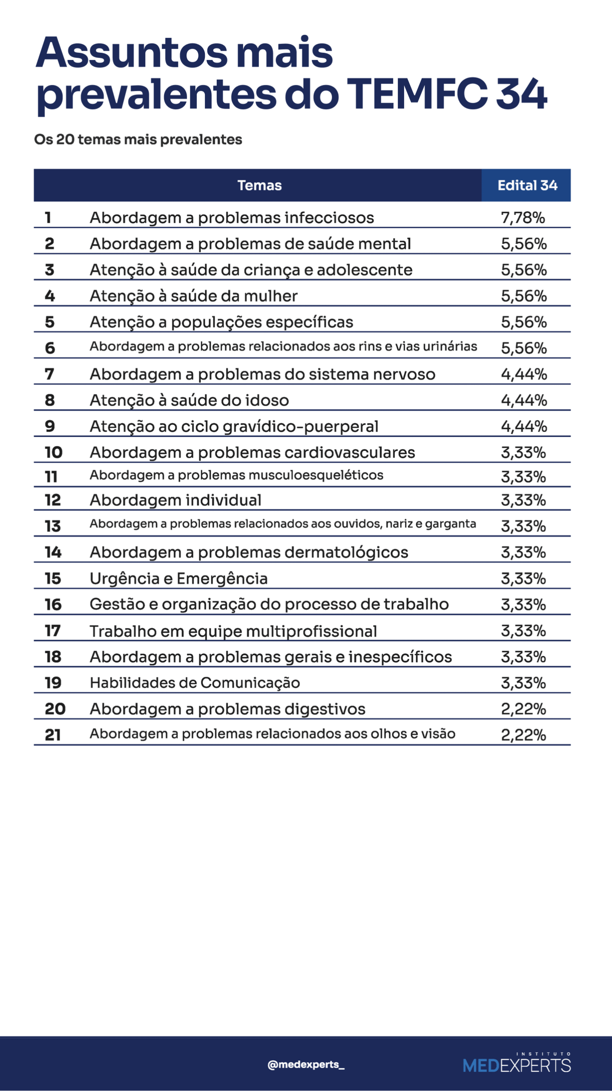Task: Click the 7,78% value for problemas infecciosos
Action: coord(523,218)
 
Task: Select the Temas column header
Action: coord(259,185)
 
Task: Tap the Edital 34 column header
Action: coord(527,185)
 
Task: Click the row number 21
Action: coord(53,735)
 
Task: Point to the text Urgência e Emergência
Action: coord(178,578)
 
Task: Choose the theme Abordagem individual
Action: coord(175,500)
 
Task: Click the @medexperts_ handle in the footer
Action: coord(306,1064)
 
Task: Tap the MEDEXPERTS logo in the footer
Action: coord(517,1064)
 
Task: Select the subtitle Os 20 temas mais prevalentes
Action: coord(138,139)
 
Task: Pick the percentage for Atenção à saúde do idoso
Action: coord(523,400)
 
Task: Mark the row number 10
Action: coord(54,452)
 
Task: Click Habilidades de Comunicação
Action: coord(195,683)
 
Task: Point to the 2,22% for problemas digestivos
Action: coord(523,709)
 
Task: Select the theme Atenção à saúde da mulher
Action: coord(193,296)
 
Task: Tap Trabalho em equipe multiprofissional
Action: coord(233,631)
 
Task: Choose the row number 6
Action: coord(50,348)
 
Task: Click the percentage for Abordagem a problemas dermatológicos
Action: coord(523,552)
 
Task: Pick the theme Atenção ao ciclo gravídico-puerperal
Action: coord(234,426)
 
